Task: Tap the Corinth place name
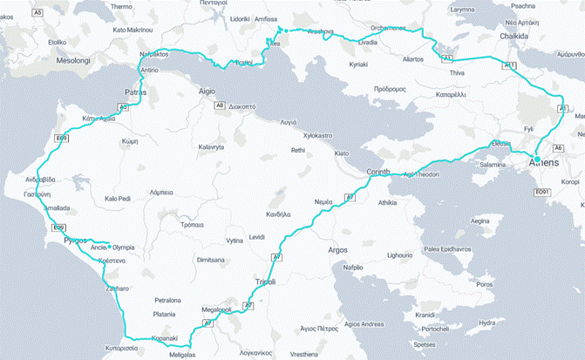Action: point(382,172)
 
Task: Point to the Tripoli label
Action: point(266,282)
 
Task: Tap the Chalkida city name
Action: point(512,37)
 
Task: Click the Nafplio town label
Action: point(352,268)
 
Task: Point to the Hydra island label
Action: point(487,323)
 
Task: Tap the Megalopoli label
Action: point(218,309)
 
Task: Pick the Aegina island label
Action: point(480,221)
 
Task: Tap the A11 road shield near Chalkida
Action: point(510,65)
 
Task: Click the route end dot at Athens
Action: point(537,159)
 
